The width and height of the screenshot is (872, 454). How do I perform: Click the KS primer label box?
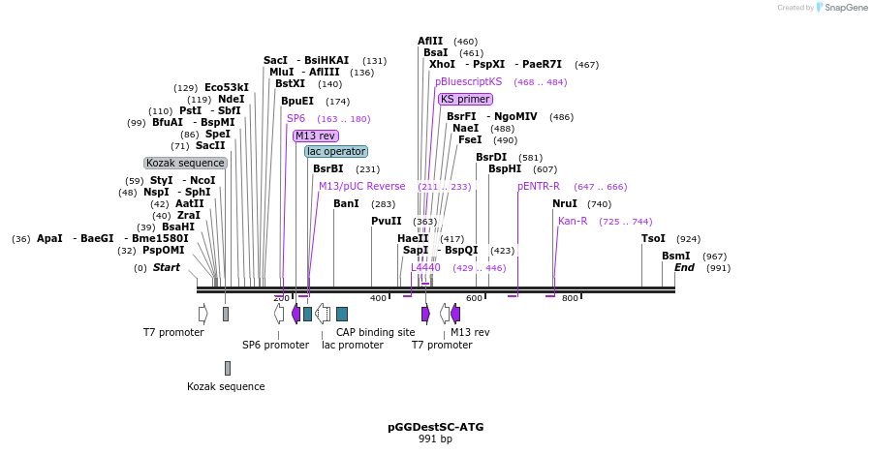point(465,99)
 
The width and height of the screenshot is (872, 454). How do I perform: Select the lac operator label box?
point(336,152)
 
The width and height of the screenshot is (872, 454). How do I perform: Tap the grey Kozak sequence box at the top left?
point(185,164)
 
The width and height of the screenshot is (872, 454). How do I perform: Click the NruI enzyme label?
point(565,204)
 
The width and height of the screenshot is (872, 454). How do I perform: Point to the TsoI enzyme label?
point(654,239)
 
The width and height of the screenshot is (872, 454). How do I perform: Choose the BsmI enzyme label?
point(676,257)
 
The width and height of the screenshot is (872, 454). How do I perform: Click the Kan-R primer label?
point(573,222)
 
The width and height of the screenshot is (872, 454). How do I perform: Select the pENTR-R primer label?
point(539,187)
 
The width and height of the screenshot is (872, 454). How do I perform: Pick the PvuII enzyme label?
point(387,222)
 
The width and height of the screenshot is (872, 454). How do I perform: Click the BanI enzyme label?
point(346,204)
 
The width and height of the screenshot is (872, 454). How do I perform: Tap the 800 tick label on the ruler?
point(570,298)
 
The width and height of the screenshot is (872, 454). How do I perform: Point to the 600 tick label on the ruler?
point(474,298)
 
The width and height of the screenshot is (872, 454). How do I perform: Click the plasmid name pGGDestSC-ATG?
point(435,427)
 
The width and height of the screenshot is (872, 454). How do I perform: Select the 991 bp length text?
point(435,439)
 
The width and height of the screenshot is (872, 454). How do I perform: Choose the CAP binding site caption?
point(375,332)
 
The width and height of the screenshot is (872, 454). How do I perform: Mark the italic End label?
point(684,268)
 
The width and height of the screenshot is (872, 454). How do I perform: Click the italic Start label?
point(167,268)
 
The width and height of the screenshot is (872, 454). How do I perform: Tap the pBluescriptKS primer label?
point(469,82)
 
